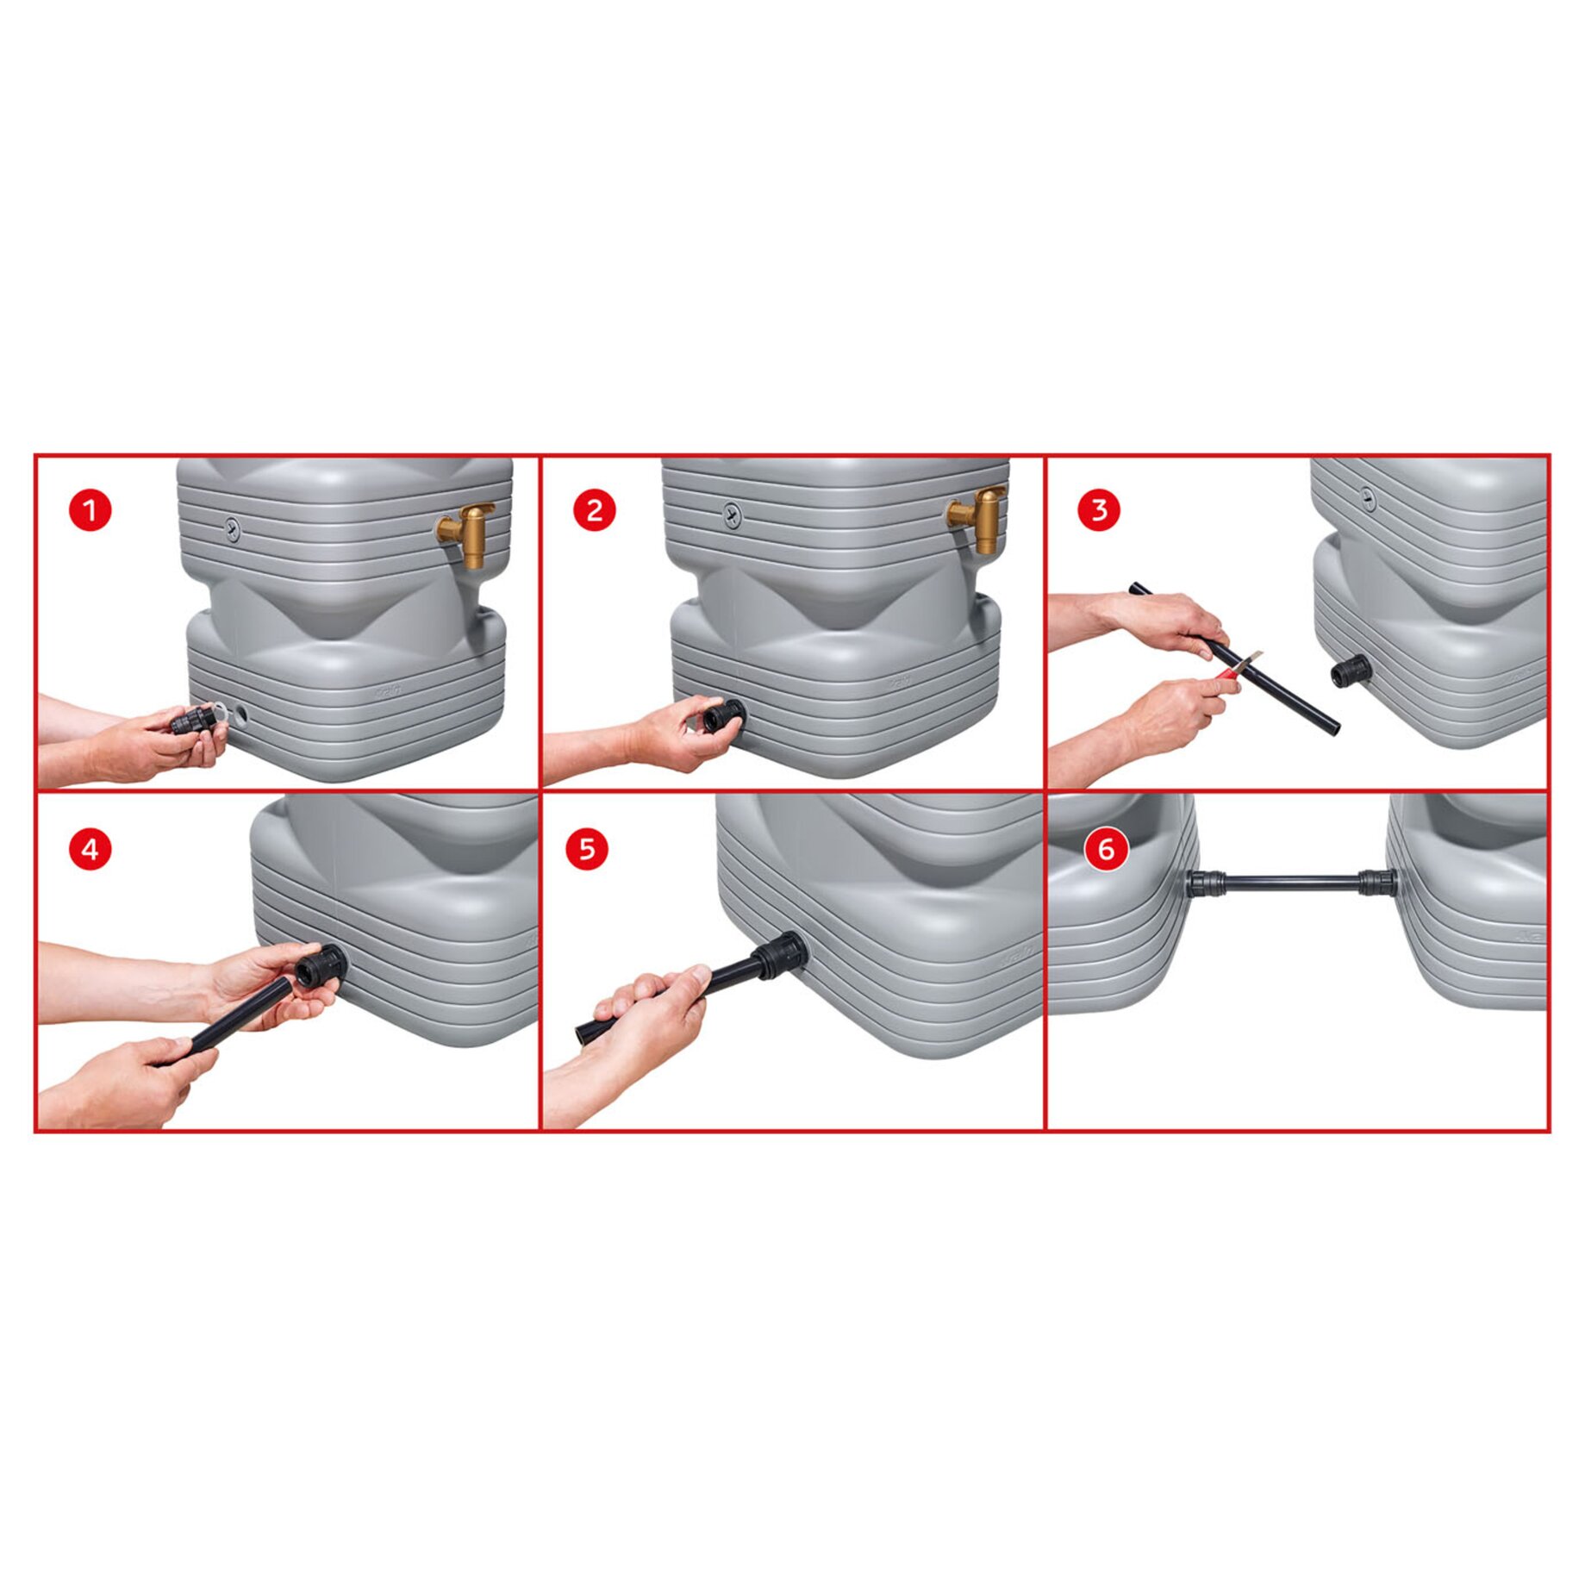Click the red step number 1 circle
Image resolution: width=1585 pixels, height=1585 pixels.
90,510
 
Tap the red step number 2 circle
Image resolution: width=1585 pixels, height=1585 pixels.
595,510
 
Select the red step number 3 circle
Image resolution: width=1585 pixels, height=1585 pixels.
1099,510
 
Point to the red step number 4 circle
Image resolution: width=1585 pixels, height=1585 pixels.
90,850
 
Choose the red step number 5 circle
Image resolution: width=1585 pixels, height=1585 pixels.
587,849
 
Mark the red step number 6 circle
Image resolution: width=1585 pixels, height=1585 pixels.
1107,850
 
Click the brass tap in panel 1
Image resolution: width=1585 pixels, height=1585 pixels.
466,534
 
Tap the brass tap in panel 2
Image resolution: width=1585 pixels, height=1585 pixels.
978,520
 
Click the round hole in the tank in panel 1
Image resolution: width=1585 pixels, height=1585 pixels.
240,714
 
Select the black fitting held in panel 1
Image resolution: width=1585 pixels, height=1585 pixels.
193,721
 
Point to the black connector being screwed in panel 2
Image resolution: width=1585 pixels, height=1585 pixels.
723,714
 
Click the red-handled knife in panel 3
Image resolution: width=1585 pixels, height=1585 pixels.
1238,666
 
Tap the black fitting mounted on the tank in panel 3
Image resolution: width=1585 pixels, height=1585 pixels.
1351,671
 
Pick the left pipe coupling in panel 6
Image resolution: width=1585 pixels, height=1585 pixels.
1206,883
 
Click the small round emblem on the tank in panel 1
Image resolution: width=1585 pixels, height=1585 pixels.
232,529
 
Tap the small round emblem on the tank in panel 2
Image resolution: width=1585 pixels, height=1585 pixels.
732,515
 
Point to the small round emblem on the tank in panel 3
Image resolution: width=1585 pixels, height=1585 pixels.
1368,497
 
